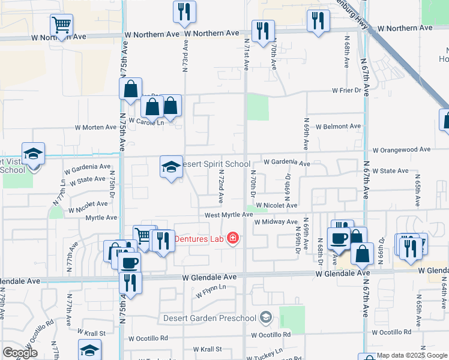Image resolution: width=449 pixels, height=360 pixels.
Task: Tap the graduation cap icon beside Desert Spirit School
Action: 171,166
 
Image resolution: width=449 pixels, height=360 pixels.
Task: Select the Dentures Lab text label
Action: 199,239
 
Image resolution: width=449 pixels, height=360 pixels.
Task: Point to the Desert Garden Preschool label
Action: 209,317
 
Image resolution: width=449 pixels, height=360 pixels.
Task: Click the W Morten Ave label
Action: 95,127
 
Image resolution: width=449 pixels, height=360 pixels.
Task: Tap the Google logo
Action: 20,353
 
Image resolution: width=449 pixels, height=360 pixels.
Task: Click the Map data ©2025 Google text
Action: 412,356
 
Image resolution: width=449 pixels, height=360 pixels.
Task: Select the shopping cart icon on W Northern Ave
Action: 62,25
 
